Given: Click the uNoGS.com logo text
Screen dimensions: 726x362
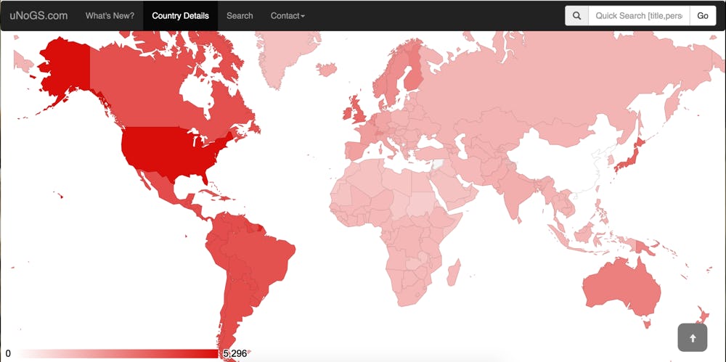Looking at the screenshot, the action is pos(39,15).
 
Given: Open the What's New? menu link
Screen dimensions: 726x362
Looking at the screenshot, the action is pos(110,15).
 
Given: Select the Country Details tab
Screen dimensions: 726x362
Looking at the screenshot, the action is pos(180,15).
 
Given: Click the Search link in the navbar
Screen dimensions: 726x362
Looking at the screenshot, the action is pos(240,15).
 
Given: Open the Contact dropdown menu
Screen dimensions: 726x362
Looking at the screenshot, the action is pos(287,15).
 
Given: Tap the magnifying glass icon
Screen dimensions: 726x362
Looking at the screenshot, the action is pos(576,15).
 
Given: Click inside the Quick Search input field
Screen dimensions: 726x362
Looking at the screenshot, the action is pos(638,15).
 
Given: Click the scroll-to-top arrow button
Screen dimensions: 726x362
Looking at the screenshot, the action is pos(692,337).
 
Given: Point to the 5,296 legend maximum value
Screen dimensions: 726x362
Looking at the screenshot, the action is pos(234,353).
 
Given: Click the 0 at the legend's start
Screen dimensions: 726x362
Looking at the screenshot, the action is pos(8,353).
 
